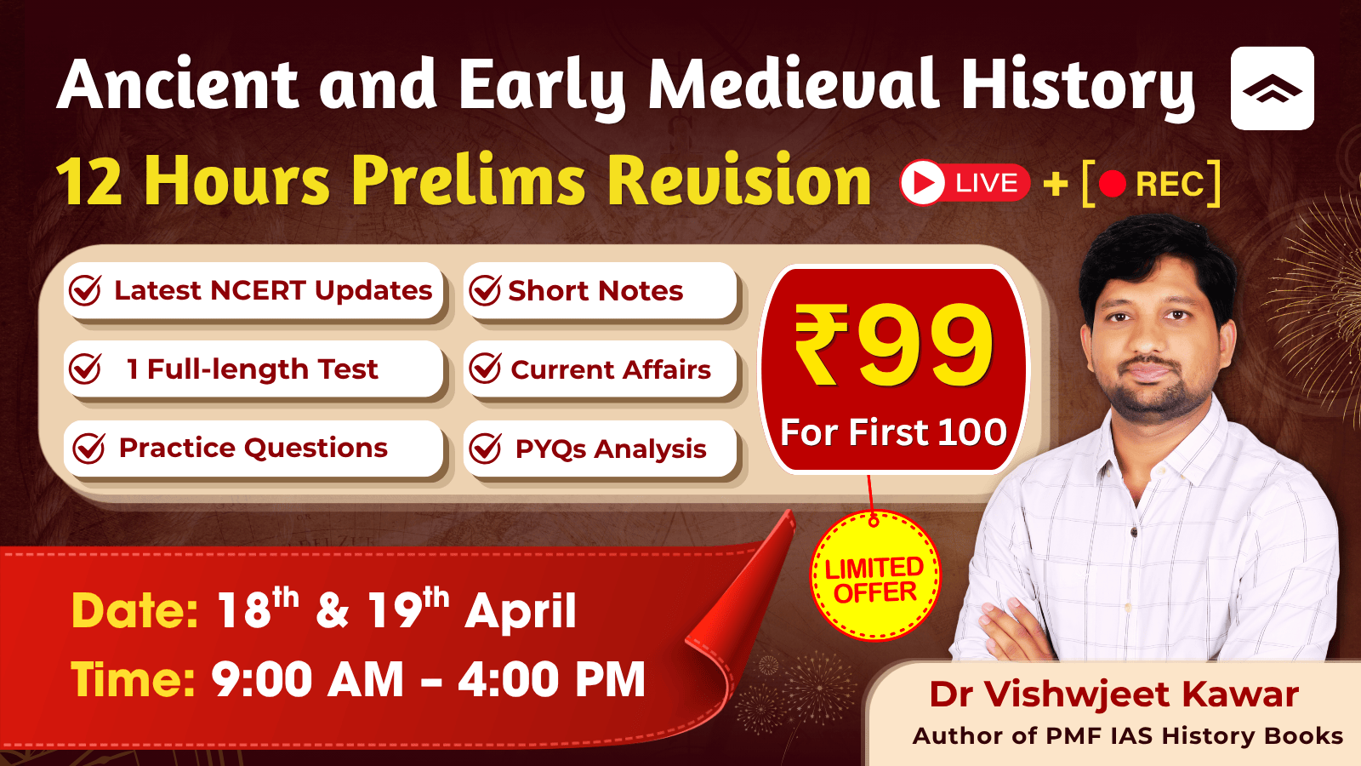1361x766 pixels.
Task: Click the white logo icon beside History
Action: [x=1273, y=89]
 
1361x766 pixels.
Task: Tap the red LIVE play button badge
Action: [x=965, y=182]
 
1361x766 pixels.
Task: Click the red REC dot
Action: [x=1113, y=184]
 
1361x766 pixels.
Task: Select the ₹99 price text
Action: [x=894, y=346]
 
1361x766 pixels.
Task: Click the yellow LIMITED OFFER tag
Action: [x=875, y=575]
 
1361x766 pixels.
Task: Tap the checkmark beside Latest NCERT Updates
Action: [x=85, y=290]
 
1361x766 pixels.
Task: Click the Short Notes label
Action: [x=595, y=291]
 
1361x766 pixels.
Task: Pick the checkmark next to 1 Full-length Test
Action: [x=85, y=369]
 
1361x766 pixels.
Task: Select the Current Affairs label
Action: [x=611, y=369]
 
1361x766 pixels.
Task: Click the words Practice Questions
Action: [x=253, y=448]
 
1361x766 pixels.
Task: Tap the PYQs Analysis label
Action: [x=611, y=449]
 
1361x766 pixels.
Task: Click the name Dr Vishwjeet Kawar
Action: [x=1113, y=695]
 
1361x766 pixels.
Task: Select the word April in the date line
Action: [x=520, y=612]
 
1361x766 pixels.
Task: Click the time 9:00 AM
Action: [x=307, y=679]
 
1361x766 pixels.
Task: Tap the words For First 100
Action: [x=893, y=432]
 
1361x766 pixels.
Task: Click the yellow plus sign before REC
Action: [x=1056, y=184]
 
